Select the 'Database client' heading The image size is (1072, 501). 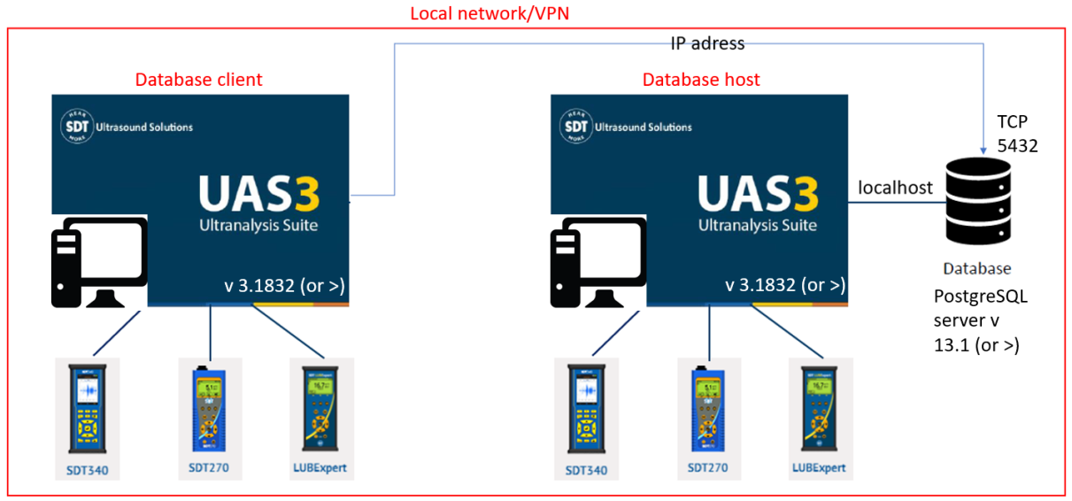(198, 80)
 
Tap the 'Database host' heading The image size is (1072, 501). (700, 80)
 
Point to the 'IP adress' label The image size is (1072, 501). (706, 42)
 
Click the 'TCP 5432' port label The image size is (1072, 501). (1017, 133)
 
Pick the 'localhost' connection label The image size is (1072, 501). (895, 188)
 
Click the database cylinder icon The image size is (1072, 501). (976, 201)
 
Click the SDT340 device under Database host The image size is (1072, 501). (586, 411)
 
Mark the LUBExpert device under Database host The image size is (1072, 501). (820, 411)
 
